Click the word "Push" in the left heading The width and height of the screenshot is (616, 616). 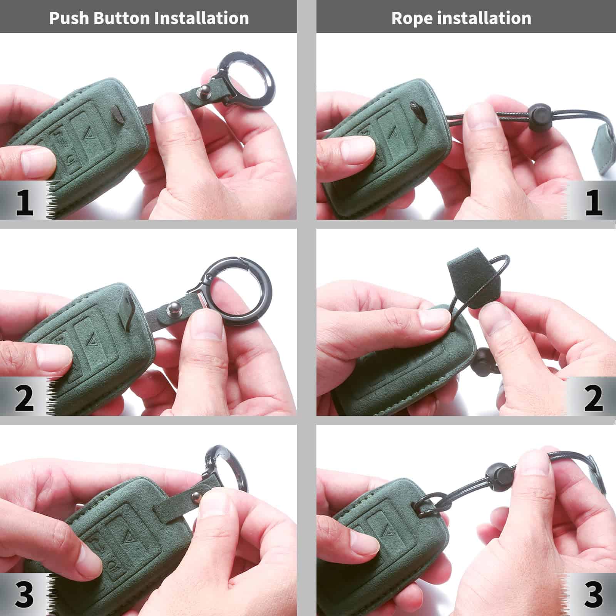69,18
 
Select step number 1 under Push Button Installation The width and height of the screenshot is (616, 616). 24,203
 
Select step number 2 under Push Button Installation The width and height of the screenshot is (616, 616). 24,398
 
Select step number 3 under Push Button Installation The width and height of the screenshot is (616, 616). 24,594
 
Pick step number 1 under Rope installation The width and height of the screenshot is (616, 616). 593,203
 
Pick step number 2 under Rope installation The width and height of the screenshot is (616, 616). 593,398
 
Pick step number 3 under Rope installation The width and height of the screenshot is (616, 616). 593,594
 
